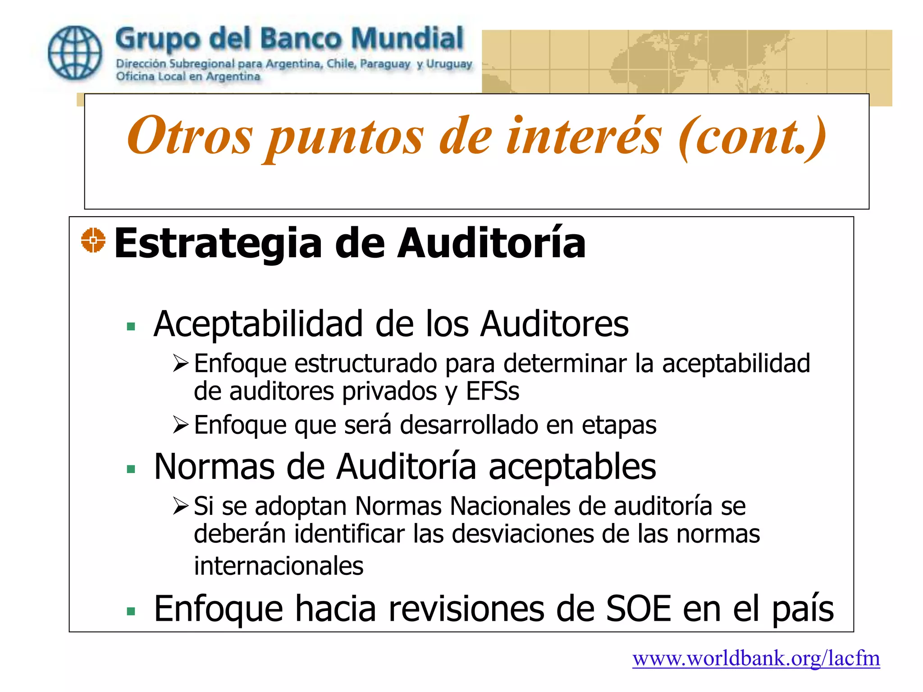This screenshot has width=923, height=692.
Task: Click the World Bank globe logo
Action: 75,52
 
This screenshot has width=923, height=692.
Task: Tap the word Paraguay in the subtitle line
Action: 385,64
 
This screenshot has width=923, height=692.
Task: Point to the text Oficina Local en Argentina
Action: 188,77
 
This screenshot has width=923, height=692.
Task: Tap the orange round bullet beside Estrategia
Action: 93,240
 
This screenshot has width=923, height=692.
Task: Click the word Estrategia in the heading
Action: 218,243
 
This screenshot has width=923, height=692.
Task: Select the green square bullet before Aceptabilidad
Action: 131,326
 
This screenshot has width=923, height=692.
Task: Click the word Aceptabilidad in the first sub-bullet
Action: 258,323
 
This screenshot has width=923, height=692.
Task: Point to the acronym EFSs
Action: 492,391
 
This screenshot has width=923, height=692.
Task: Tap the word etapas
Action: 619,425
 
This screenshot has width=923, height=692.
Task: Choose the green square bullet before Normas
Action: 131,469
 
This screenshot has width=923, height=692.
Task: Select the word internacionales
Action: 279,566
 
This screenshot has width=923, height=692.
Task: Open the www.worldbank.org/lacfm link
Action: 756,659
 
